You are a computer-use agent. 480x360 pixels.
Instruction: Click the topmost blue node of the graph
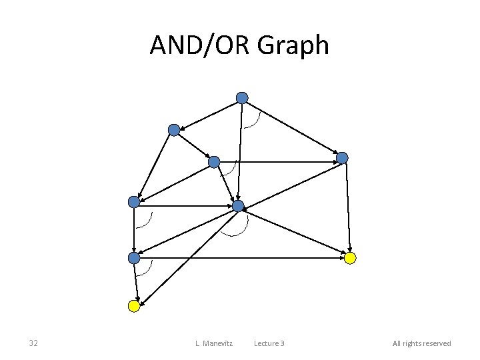[x=242, y=98]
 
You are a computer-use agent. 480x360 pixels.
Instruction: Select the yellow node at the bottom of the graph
[x=134, y=306]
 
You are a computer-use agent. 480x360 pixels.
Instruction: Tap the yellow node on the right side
[x=351, y=257]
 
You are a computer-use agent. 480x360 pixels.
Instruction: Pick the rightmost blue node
[x=342, y=158]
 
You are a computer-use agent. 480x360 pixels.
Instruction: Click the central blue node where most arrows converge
[x=238, y=206]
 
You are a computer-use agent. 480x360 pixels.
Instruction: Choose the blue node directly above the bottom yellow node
[x=134, y=257]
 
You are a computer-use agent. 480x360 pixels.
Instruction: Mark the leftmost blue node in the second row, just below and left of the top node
[x=174, y=130]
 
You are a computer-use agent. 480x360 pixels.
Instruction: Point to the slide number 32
[x=33, y=343]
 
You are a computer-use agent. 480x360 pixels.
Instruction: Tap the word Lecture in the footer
[x=265, y=343]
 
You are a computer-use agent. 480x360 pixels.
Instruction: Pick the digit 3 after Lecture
[x=282, y=343]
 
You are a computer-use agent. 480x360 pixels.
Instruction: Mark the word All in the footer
[x=397, y=343]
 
